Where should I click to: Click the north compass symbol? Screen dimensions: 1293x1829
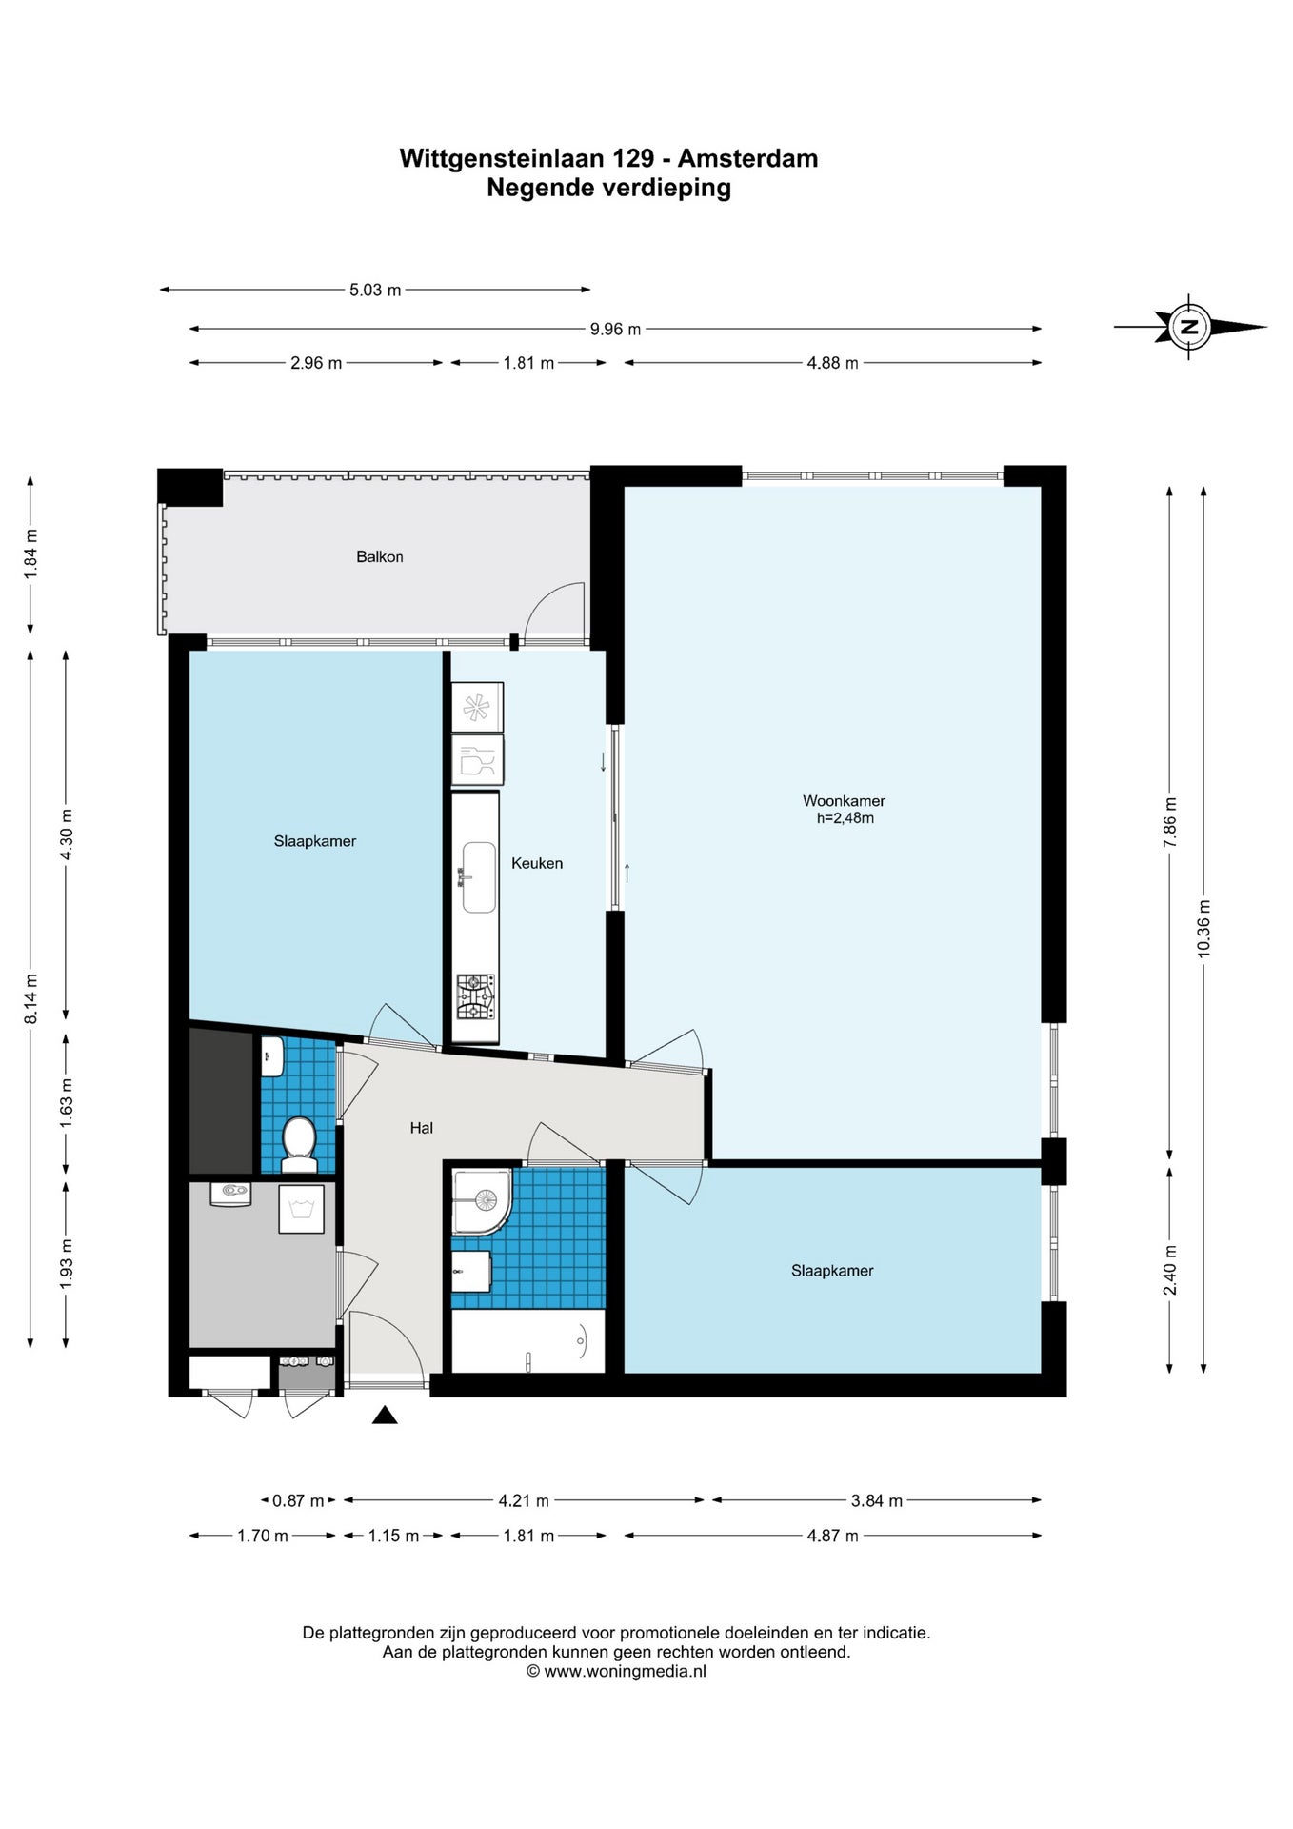click(x=1189, y=327)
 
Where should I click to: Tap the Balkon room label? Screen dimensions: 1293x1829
click(x=380, y=557)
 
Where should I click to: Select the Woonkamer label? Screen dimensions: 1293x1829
click(x=844, y=801)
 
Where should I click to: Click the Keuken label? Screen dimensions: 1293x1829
click(x=537, y=863)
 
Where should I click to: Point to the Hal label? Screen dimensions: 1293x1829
click(x=422, y=1128)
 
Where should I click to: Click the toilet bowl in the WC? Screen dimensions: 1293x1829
click(x=299, y=1144)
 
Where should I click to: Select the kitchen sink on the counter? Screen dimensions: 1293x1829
click(x=479, y=876)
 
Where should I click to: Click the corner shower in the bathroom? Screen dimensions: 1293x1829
click(x=482, y=1202)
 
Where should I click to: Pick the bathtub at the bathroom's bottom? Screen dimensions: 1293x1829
click(x=527, y=1341)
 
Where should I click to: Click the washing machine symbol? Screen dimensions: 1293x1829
click(x=301, y=1210)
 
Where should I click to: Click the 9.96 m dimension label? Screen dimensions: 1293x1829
click(x=615, y=330)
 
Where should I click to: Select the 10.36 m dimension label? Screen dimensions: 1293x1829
click(x=1203, y=929)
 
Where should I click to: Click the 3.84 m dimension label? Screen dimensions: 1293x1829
click(x=876, y=1501)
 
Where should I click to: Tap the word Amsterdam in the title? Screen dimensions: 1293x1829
click(x=747, y=158)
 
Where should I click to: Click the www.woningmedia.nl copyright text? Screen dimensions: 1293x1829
click(x=616, y=1672)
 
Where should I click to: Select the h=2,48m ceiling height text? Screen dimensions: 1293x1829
click(x=845, y=818)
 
